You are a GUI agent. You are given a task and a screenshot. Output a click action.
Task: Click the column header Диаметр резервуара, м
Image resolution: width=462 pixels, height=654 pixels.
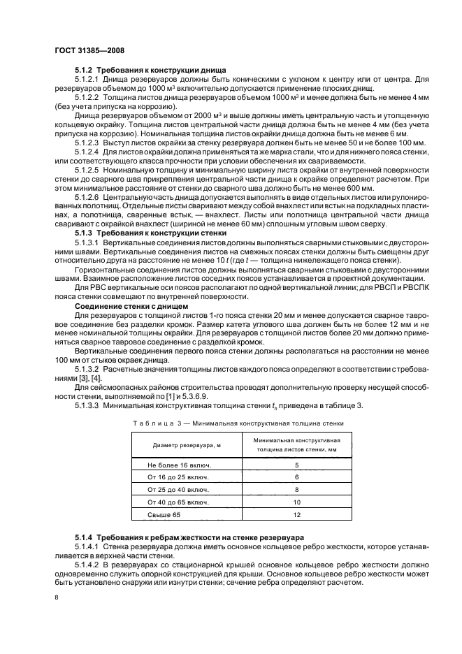[182, 445]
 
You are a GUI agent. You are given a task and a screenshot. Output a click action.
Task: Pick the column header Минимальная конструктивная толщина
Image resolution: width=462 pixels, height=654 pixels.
[296, 445]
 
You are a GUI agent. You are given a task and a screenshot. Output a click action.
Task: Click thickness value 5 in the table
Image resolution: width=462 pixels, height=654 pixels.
[296, 465]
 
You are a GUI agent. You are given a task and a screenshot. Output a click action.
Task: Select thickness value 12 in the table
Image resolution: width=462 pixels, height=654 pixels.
[296, 515]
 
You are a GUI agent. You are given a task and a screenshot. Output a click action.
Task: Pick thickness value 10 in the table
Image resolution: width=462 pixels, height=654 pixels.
[296, 502]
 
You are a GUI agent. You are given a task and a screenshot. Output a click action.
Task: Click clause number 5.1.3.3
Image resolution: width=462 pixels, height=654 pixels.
[88, 406]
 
